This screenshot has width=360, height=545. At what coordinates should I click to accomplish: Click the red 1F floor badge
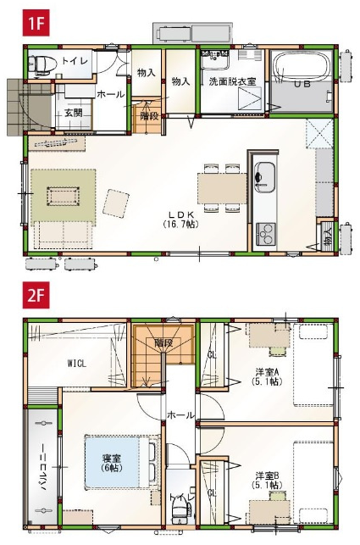(x=36, y=23)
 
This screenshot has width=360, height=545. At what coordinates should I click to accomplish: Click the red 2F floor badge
(x=36, y=296)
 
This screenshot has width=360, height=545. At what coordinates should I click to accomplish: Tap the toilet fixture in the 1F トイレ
(x=42, y=64)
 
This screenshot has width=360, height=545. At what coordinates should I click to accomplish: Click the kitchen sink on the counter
(x=264, y=177)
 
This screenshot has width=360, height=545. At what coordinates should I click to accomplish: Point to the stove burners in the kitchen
(x=266, y=234)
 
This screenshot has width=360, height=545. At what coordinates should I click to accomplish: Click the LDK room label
(x=181, y=214)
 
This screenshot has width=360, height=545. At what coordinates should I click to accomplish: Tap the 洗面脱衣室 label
(x=232, y=81)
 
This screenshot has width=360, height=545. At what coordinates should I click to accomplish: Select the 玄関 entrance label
(x=73, y=113)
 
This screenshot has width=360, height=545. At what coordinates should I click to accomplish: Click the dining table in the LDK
(x=223, y=188)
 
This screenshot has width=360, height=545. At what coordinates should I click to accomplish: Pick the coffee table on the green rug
(x=64, y=197)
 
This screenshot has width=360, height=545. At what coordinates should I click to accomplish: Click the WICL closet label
(x=76, y=364)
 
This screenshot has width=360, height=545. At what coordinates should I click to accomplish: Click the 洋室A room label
(x=267, y=372)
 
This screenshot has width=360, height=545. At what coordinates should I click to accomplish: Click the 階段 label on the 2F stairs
(x=163, y=342)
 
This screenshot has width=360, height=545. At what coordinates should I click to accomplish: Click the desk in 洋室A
(x=269, y=336)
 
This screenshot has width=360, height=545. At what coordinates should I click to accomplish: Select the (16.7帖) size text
(x=180, y=224)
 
